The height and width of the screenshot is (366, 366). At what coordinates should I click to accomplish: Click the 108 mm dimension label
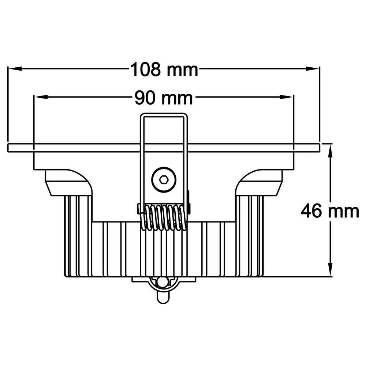pos(164,69)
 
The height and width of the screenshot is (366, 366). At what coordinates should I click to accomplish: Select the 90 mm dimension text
pos(163,98)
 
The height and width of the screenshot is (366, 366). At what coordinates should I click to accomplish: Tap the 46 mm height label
pos(329,212)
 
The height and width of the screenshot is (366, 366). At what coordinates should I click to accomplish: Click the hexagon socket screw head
pos(164,179)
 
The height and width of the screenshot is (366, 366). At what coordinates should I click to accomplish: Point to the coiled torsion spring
pos(164,217)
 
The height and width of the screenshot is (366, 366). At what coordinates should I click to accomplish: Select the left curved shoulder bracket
pos(70,182)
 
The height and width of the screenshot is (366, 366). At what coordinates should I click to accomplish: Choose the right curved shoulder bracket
pos(258,182)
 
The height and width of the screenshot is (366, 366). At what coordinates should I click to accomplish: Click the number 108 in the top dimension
pos(145,69)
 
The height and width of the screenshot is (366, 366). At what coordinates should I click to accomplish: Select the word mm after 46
pos(343,212)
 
